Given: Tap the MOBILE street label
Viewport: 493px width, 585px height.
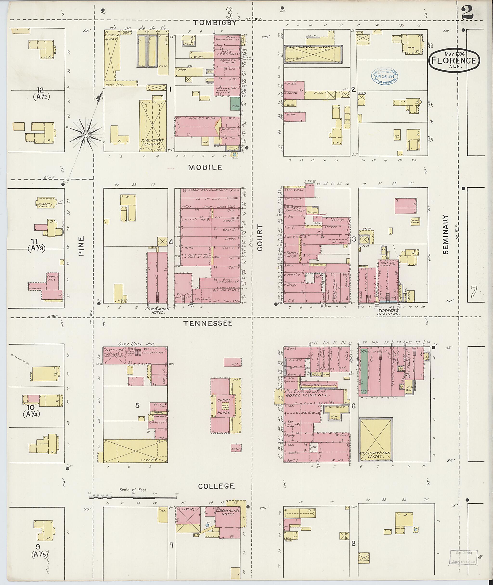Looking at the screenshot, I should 205,167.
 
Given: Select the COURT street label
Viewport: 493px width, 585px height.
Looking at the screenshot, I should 260,237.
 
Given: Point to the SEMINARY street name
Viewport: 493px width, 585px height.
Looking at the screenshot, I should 446,234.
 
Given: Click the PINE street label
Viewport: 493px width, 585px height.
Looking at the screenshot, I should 81,246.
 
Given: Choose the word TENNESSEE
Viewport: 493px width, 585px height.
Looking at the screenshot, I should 208,323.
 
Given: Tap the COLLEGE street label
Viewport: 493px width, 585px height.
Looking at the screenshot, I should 216,486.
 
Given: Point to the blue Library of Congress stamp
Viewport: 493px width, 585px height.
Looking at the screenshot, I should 385,75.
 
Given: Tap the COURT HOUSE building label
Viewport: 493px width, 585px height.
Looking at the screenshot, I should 224,406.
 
